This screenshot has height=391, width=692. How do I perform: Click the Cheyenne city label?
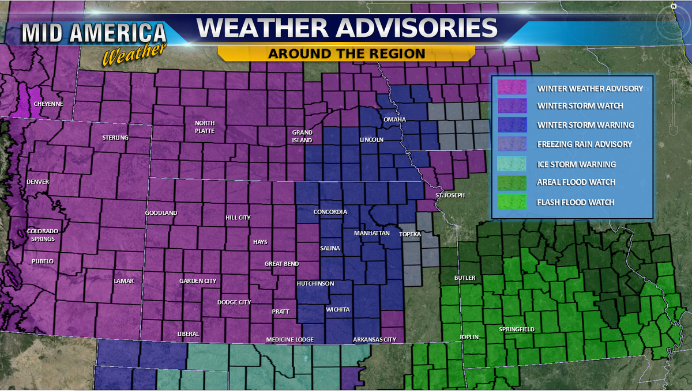click(48, 104)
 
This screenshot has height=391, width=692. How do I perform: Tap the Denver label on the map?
click(37, 182)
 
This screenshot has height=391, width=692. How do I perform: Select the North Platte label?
click(205, 127)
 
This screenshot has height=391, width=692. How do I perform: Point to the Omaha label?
click(395, 119)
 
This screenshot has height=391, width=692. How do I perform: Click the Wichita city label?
click(337, 310)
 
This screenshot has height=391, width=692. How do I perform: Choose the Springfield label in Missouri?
click(517, 329)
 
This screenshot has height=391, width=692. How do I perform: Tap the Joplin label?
click(469, 337)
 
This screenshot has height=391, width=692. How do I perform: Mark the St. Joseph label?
click(450, 195)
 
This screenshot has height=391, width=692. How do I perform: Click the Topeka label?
click(410, 234)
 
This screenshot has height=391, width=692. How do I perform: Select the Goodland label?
click(161, 213)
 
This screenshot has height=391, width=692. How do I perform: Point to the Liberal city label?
click(189, 334)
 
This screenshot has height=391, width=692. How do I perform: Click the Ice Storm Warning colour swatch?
click(512, 164)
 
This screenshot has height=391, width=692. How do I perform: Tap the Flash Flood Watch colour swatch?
click(512, 202)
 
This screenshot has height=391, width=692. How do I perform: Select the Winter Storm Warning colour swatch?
click(512, 125)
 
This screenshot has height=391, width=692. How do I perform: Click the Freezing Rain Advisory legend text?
click(584, 144)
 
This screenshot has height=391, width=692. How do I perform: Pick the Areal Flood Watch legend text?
click(576, 182)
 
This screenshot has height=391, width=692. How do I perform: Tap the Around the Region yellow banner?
click(346, 54)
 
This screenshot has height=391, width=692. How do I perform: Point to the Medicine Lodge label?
click(289, 340)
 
